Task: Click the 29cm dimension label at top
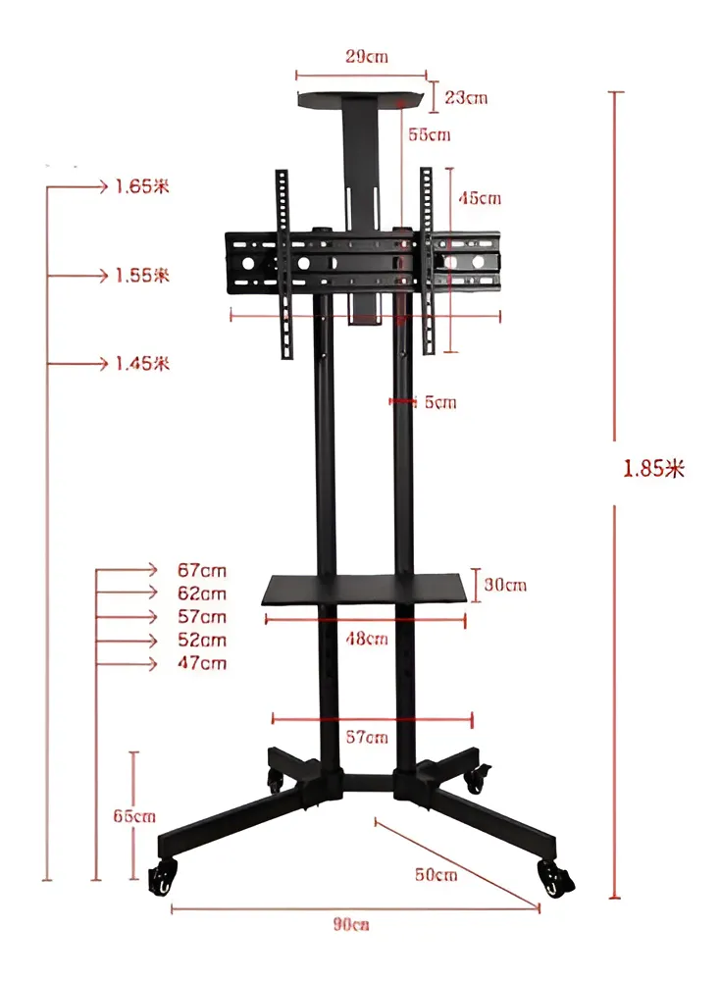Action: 366,57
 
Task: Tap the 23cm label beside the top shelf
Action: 465,97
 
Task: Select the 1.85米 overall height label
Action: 653,468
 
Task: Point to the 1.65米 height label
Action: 141,186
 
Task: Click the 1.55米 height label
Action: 141,276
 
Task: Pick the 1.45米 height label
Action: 141,364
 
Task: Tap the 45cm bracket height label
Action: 480,198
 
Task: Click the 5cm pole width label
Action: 439,402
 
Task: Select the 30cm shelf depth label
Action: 505,586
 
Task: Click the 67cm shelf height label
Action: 201,570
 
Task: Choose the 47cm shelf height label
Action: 201,664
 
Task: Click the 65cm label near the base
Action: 134,816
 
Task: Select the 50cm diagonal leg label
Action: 435,874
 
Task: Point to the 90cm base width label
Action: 350,924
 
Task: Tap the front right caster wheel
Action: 555,878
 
